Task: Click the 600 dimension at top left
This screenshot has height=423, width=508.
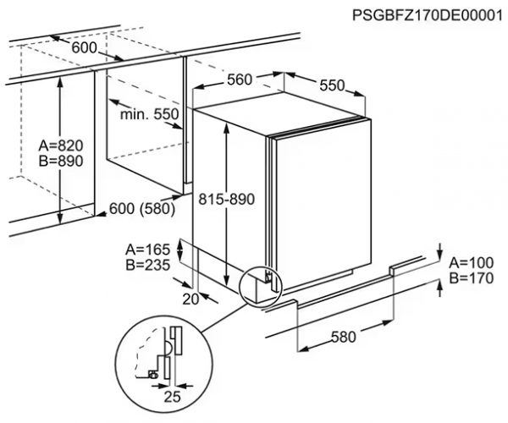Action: tap(84, 48)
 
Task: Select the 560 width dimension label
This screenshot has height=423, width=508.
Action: tap(241, 79)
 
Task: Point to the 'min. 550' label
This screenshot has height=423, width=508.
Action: tap(149, 114)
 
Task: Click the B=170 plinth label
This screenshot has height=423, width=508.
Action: tap(472, 277)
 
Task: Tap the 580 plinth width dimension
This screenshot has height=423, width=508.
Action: tap(344, 338)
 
